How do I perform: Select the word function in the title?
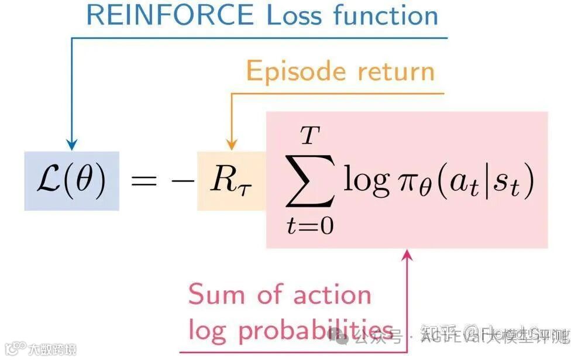387,16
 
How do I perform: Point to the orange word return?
397,72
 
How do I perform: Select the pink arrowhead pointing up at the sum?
408,255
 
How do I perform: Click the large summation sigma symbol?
310,183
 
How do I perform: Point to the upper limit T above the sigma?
310,138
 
